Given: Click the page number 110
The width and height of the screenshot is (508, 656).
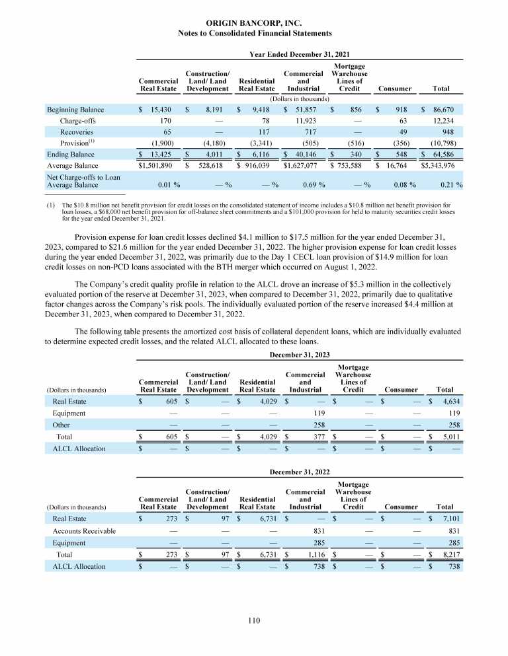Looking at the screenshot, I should click(x=254, y=620).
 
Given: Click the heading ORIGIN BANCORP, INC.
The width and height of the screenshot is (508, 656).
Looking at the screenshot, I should click(x=255, y=22).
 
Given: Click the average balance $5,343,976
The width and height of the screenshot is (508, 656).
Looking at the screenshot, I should click(x=442, y=166).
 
